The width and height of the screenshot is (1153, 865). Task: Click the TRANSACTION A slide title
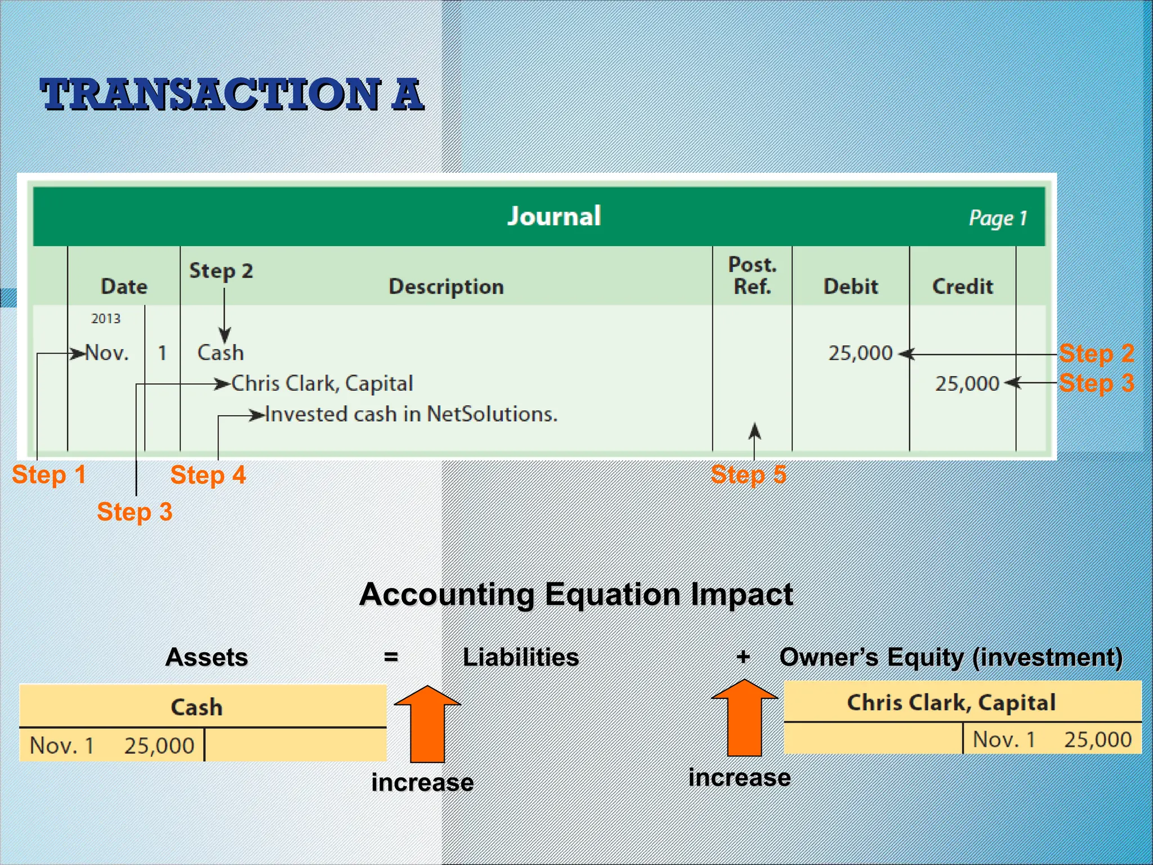tap(231, 94)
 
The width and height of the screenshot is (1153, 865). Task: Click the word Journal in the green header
tap(554, 216)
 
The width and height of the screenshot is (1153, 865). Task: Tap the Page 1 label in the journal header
tap(997, 218)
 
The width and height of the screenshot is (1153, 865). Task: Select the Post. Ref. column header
tap(752, 275)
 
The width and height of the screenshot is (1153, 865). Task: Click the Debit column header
tap(850, 287)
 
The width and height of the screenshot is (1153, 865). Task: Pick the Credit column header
tap(962, 287)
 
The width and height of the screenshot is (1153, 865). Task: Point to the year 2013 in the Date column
tap(106, 319)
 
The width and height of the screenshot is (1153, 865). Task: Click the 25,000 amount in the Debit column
tap(860, 353)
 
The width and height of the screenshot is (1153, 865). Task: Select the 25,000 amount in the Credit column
tap(967, 384)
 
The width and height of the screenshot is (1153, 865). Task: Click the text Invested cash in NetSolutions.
tap(411, 414)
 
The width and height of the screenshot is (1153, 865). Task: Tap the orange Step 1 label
tap(49, 475)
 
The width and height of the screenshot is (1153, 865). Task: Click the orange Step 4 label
tap(208, 475)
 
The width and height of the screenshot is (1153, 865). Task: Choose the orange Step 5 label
tap(748, 475)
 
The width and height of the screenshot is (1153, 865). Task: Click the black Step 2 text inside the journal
tap(221, 271)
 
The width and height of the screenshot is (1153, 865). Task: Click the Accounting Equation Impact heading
tap(576, 594)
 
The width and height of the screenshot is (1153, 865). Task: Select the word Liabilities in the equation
tap(520, 657)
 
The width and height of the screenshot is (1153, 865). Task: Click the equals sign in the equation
tap(391, 657)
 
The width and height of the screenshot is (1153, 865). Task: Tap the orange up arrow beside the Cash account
tap(427, 723)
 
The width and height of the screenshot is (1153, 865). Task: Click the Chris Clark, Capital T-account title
tap(951, 702)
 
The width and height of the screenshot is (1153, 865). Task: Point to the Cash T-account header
tap(196, 707)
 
